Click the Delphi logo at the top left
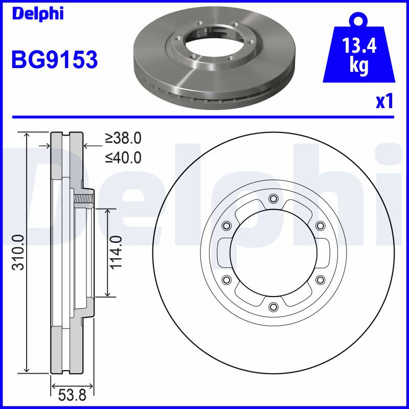coord(38,14)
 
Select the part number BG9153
coord(55,59)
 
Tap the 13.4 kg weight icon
coord(359,49)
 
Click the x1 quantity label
coord(384,101)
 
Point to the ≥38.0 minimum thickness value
coord(123,138)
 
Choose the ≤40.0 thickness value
coord(123,157)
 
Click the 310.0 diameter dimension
coord(19,253)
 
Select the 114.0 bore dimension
coord(116,253)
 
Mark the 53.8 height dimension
coord(72,395)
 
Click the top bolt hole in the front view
coord(273,199)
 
